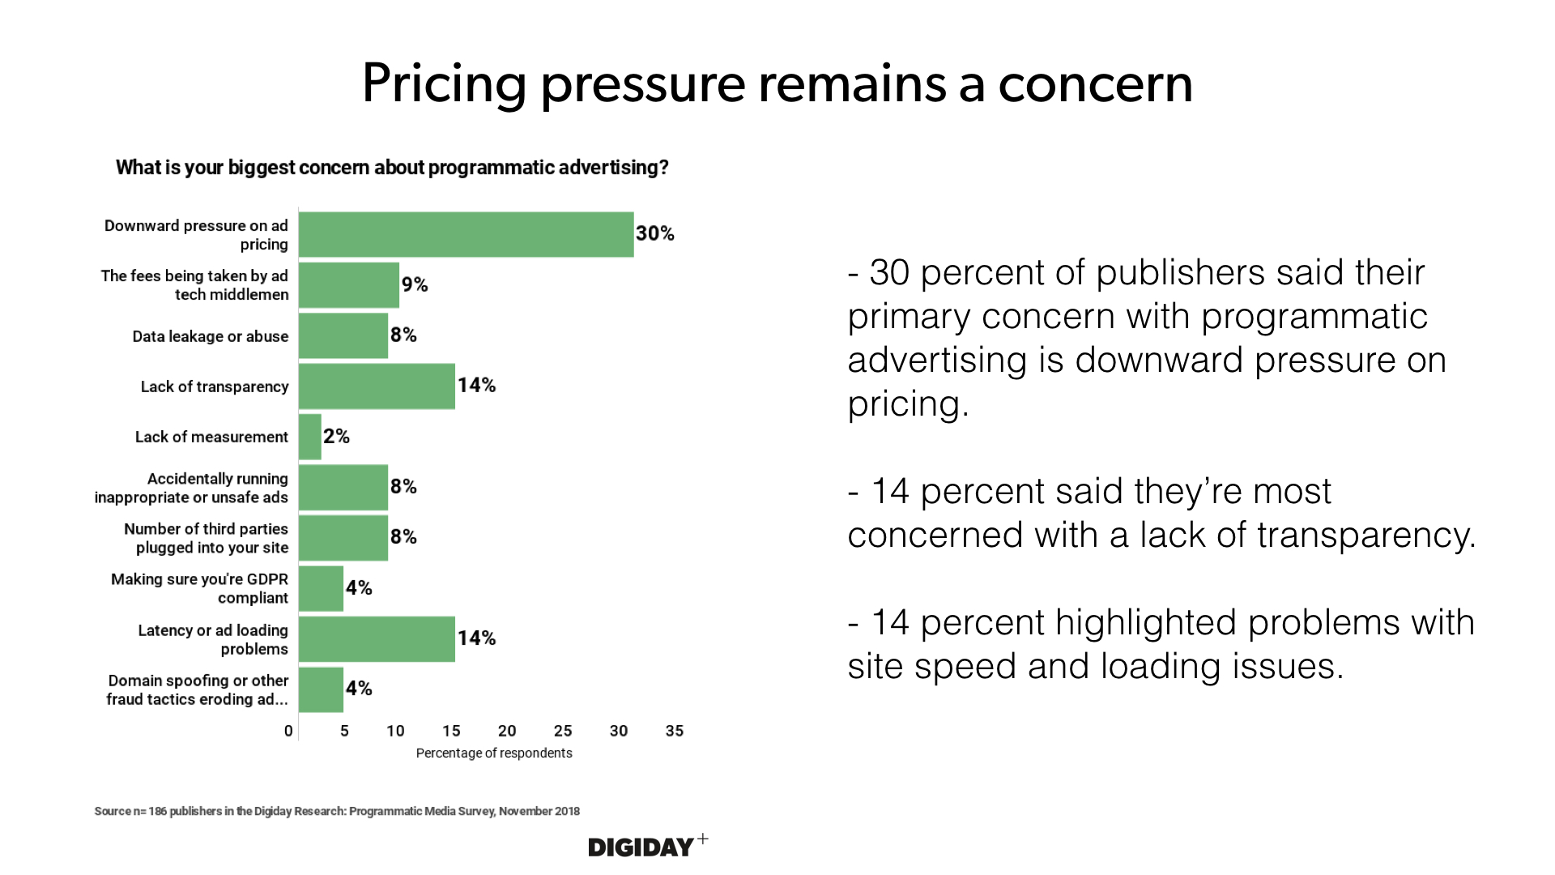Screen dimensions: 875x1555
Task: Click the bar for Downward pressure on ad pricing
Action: tap(466, 234)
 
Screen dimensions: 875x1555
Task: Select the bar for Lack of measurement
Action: tap(310, 437)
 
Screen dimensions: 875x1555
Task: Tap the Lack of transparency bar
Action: tap(377, 386)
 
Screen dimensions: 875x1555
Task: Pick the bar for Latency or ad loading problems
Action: tap(377, 639)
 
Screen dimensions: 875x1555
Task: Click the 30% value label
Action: tap(654, 234)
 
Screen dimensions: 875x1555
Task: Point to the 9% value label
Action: tap(415, 284)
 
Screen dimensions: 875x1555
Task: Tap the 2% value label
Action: tap(336, 437)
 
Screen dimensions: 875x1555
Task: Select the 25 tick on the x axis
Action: tap(563, 731)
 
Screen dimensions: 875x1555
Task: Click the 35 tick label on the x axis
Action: tap(675, 731)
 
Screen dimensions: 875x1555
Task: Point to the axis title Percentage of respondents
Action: tap(494, 753)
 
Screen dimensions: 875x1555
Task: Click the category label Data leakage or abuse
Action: tap(211, 336)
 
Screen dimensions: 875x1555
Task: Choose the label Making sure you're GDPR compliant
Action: tap(200, 588)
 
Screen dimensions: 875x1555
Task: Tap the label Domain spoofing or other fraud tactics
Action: tap(198, 689)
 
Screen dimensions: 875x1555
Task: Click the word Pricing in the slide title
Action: tap(444, 84)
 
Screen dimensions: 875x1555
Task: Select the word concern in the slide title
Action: tap(1095, 84)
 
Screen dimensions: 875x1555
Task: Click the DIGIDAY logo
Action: tap(641, 847)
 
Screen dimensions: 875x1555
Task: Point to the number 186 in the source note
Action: tap(157, 811)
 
